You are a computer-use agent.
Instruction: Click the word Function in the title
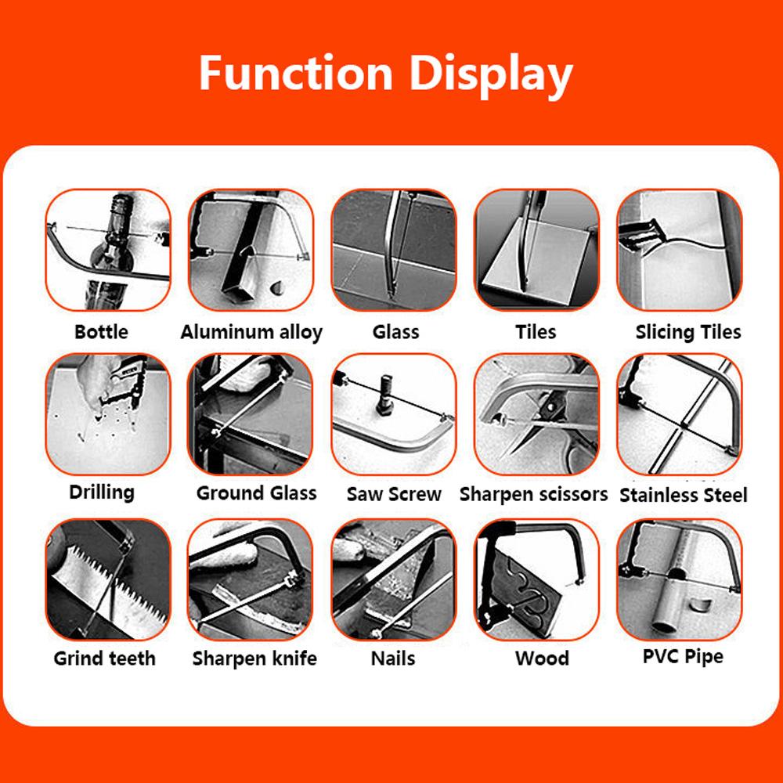click(x=294, y=73)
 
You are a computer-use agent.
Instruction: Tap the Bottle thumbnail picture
click(x=108, y=250)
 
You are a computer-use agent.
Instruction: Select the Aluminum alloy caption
click(x=251, y=332)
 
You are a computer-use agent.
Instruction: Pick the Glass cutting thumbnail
click(x=394, y=250)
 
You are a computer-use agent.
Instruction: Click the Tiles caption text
click(x=536, y=332)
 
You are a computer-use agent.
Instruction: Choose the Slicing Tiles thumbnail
click(x=679, y=250)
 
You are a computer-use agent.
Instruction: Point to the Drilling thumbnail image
click(x=108, y=413)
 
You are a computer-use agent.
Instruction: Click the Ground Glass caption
click(x=256, y=493)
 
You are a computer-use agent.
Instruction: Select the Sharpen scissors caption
click(x=533, y=495)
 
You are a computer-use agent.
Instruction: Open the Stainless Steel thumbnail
click(x=679, y=413)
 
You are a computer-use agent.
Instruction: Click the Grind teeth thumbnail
click(x=108, y=579)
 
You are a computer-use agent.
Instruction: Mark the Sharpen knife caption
click(x=254, y=659)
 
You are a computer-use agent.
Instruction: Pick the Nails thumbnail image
click(x=394, y=579)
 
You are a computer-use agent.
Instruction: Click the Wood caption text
click(x=542, y=659)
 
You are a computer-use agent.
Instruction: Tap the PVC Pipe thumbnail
click(x=679, y=579)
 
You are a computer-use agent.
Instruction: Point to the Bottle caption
click(x=101, y=332)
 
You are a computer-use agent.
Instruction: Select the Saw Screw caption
click(x=394, y=495)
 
